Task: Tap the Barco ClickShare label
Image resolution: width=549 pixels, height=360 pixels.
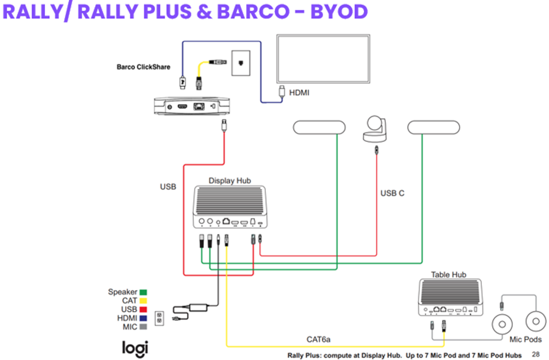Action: pos(143,67)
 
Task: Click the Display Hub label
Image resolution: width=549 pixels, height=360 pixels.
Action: pos(230,181)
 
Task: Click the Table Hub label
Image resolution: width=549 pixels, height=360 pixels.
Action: pos(448,274)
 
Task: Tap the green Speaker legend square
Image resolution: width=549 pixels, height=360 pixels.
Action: pos(144,292)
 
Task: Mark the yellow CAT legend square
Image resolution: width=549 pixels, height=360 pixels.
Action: pos(144,301)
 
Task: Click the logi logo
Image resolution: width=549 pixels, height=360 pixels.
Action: pos(135,346)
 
